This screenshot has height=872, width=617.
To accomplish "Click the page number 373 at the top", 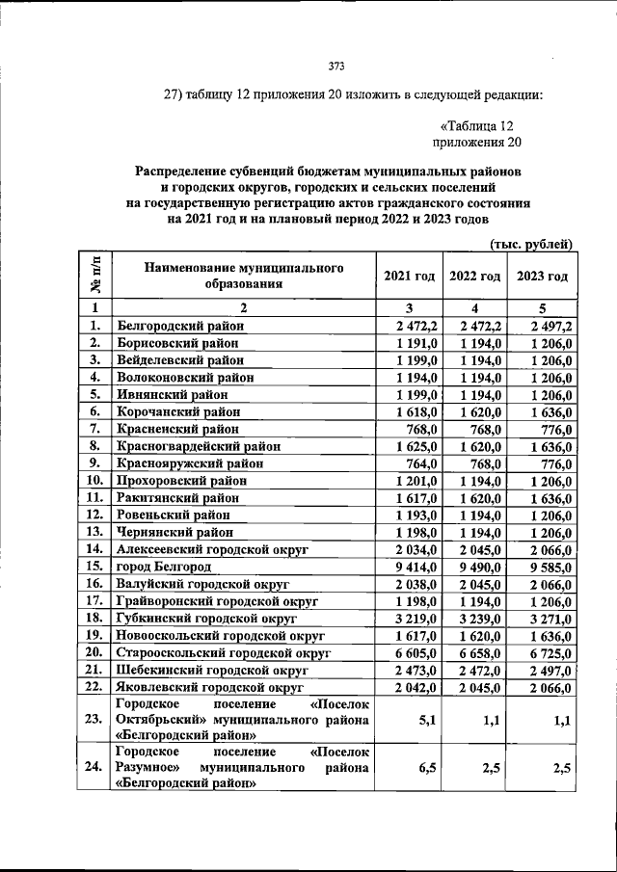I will coord(336,66).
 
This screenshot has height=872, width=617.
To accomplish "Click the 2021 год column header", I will coord(410,276).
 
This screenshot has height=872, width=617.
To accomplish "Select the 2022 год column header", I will coord(475,276).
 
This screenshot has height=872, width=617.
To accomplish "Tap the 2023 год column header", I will coord(542,276).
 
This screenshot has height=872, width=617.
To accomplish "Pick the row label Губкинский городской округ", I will coord(205,618).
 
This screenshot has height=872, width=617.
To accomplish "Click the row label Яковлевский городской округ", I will coord(206,686).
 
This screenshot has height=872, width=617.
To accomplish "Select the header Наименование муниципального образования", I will coord(244,275).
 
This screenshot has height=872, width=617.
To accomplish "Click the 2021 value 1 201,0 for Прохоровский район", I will coord(418,480).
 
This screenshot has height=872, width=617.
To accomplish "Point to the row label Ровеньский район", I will coord(172,515).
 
